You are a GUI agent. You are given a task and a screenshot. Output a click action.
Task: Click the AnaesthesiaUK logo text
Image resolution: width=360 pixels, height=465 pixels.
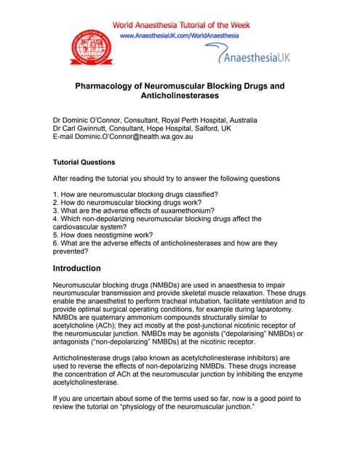pos(246,54)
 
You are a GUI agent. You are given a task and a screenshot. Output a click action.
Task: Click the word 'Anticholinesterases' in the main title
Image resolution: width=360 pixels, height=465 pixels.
pos(180,96)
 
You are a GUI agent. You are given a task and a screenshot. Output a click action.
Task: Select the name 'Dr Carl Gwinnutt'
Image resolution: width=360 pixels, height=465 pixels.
pos(81,129)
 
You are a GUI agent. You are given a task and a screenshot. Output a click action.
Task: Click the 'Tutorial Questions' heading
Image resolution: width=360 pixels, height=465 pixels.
pos(84,162)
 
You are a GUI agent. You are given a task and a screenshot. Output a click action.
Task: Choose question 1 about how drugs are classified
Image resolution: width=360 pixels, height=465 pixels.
pos(136,194)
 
